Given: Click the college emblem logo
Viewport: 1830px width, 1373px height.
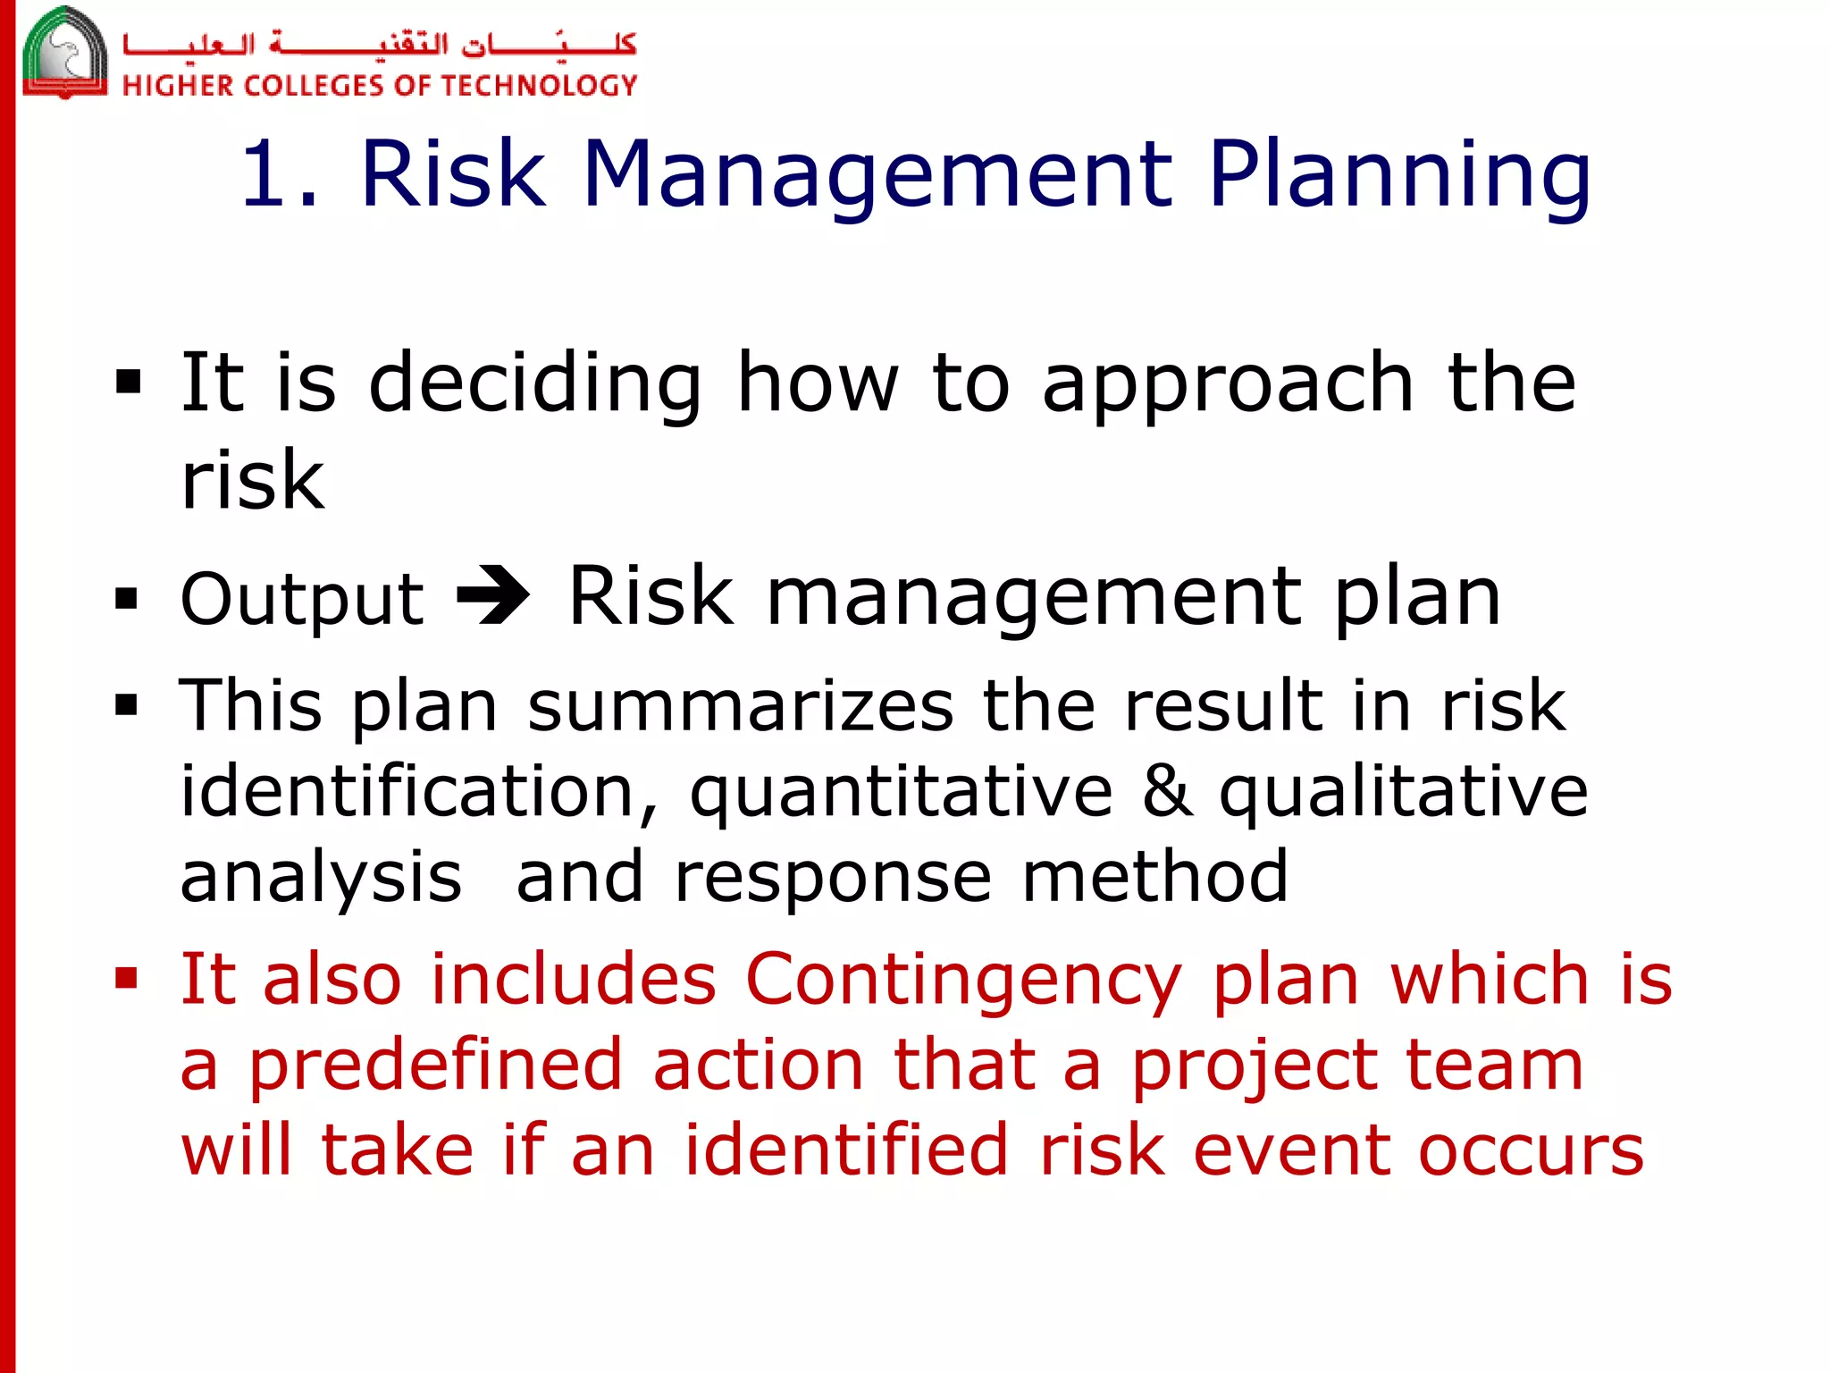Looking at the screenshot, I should point(64,52).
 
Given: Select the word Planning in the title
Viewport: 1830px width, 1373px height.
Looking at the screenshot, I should point(1399,176).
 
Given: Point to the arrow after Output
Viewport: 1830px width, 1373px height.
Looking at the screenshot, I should point(492,596).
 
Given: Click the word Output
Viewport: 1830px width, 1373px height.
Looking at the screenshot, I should point(302,598).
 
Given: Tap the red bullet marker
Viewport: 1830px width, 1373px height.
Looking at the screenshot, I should point(127,979).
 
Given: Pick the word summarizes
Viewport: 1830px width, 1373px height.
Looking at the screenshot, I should point(741,706).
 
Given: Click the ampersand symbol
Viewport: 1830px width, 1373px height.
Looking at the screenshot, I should point(1167,790).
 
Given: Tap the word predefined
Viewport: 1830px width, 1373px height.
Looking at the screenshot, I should point(434,1067).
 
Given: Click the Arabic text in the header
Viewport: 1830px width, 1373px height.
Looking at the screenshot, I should point(379,43).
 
